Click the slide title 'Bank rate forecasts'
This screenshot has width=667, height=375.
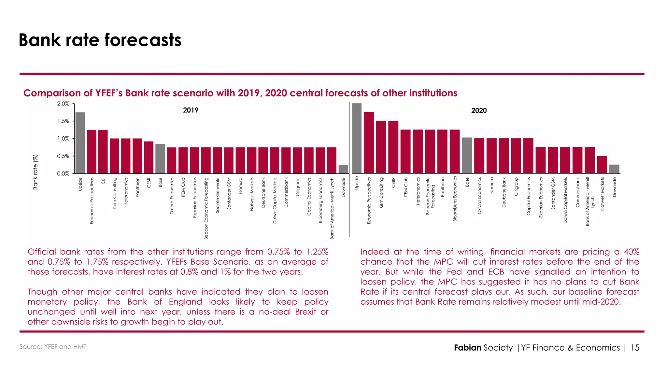[x=100, y=40]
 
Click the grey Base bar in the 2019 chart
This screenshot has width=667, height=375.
[x=160, y=159]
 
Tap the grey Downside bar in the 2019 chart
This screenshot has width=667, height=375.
[x=343, y=169]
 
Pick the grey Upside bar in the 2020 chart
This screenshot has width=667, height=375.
[x=357, y=138]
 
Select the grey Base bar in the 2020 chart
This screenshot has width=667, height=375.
[x=467, y=155]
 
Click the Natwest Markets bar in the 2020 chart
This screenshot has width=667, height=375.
[x=602, y=164]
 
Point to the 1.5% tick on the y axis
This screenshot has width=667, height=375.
[x=64, y=121]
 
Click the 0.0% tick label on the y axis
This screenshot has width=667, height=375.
[x=64, y=174]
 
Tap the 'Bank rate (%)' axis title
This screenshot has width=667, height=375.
[x=35, y=172]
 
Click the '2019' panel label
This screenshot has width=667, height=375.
[x=191, y=110]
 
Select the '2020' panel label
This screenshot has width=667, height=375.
[x=479, y=111]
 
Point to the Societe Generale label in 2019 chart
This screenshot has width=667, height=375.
[x=218, y=195]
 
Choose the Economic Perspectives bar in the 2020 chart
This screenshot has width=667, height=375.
[x=369, y=143]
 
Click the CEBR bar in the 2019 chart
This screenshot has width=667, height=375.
[x=149, y=157]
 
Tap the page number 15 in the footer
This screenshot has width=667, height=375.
[x=635, y=348]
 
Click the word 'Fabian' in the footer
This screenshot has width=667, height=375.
[x=467, y=348]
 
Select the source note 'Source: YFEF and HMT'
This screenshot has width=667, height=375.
[x=53, y=347]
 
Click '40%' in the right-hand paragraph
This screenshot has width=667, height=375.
[x=632, y=252]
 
